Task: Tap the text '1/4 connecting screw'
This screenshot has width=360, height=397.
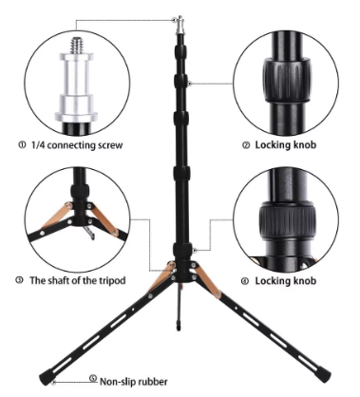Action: coord(77,145)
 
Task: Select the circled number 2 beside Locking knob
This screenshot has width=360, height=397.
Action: coord(246,145)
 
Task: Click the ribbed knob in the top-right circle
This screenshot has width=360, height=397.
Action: coord(286,80)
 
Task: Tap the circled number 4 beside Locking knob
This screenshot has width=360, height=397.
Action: coord(245,281)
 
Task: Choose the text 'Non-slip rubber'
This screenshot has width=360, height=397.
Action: coord(134,382)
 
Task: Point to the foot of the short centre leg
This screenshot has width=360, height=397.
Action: coord(179,326)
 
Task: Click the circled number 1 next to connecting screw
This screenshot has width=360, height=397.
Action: coord(22,145)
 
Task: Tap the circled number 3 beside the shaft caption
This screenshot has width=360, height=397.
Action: coord(19,280)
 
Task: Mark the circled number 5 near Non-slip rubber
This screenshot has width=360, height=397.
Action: coord(93,378)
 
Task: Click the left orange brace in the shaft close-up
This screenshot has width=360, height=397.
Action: coord(56,216)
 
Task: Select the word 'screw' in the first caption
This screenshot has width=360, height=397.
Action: coord(110,145)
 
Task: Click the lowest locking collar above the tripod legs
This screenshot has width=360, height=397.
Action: coord(182,249)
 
